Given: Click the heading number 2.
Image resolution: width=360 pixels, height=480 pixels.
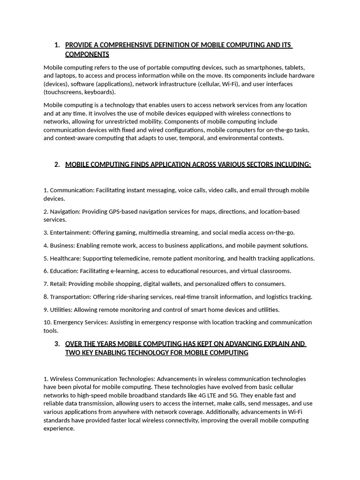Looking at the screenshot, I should click(57, 165).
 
